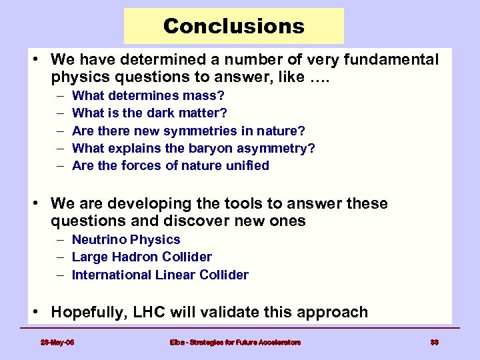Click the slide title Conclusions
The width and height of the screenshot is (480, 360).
(233, 26)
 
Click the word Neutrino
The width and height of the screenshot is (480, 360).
(99, 239)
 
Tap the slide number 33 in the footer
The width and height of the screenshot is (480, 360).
(434, 342)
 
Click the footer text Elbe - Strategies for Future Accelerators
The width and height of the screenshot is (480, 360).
(235, 342)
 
